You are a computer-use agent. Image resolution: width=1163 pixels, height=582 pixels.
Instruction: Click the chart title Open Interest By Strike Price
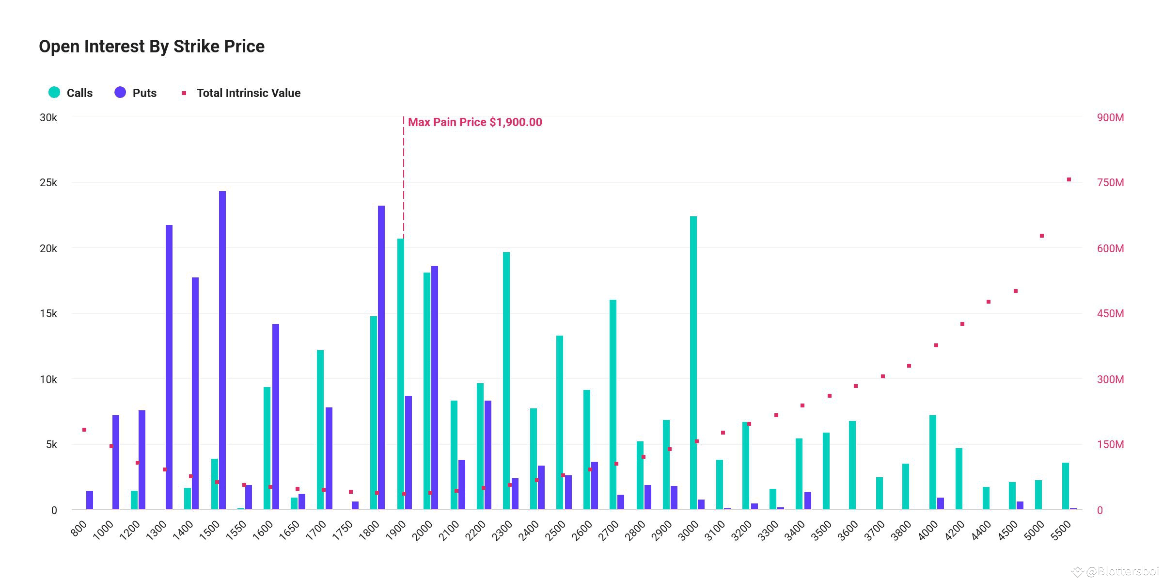(x=152, y=47)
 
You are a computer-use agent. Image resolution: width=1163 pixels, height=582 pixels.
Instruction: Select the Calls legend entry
(x=71, y=93)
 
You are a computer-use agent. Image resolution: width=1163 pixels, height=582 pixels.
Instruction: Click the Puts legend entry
(x=136, y=93)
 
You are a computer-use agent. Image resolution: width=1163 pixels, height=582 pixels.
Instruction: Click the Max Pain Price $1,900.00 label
(x=474, y=122)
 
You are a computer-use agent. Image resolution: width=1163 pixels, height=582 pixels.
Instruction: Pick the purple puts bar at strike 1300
(x=169, y=367)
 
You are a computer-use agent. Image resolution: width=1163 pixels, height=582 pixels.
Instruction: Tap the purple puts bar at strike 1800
(x=381, y=357)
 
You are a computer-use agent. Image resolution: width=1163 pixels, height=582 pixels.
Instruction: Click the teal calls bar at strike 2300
(x=506, y=381)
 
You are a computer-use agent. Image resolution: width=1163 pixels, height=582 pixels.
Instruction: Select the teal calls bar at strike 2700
(x=613, y=405)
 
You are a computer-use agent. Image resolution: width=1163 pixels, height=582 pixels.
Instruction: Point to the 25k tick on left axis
(x=48, y=183)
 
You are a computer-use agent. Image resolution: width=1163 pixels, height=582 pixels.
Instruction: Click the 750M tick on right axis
(x=1110, y=183)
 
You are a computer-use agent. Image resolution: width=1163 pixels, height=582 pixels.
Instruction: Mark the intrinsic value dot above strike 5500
(x=1069, y=179)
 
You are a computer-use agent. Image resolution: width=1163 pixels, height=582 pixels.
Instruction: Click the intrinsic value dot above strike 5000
(x=1042, y=236)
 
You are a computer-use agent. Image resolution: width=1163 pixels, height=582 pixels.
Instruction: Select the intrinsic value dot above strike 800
(x=84, y=430)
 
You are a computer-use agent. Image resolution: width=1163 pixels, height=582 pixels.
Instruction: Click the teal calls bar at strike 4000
(x=933, y=462)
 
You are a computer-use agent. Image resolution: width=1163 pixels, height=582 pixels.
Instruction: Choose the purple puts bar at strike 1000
(x=116, y=462)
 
